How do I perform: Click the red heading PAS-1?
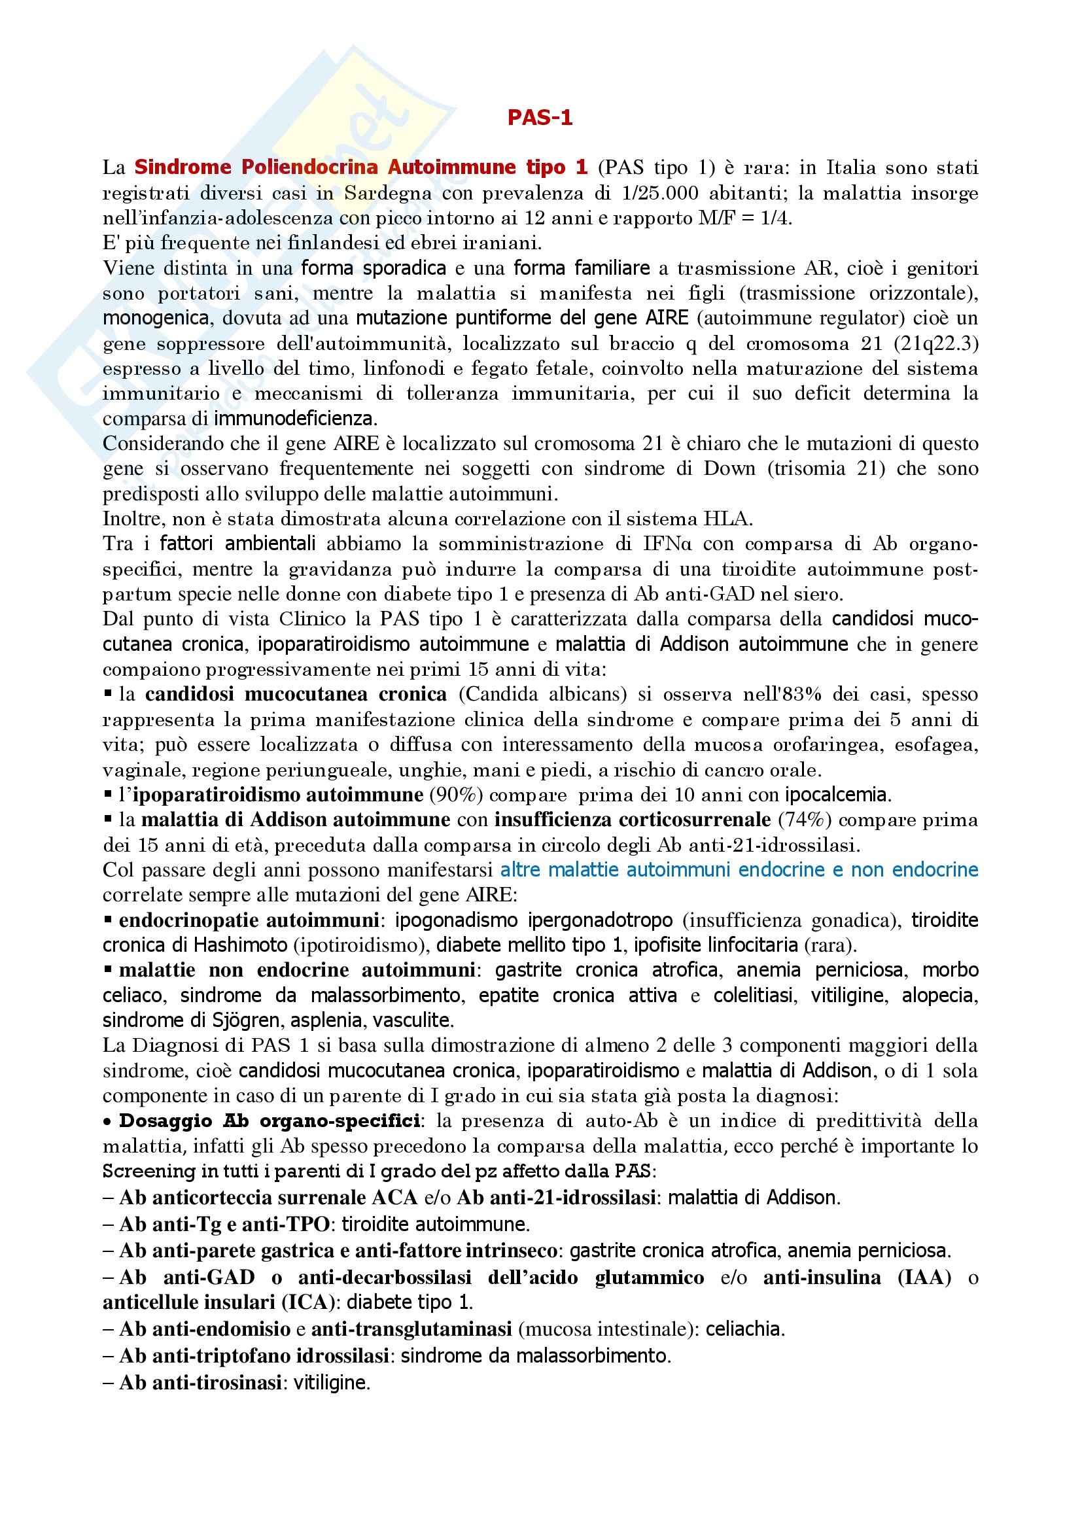[540, 118]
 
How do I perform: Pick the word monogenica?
[156, 319]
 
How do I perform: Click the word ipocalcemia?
[837, 795]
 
